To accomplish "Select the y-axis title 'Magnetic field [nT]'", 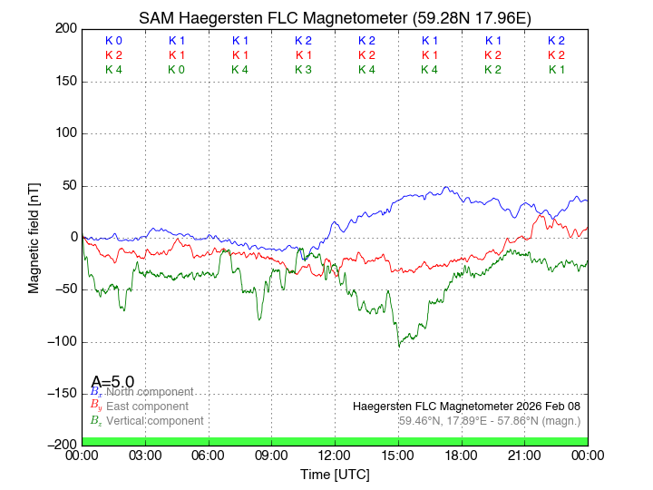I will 34,236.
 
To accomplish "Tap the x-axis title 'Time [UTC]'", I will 335,475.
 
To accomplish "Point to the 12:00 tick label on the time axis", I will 335,455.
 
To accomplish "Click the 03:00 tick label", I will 145,455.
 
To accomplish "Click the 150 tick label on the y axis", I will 63,82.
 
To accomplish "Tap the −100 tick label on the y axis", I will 60,342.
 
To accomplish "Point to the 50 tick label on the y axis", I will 67,186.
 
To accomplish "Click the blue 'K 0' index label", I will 113,41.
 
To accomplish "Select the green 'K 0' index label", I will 177,70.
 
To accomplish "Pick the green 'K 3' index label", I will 303,70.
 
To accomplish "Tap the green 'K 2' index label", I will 492,70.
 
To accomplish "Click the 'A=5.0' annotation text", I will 112,382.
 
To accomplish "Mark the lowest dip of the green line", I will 398,346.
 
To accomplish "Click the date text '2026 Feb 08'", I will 549,406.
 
